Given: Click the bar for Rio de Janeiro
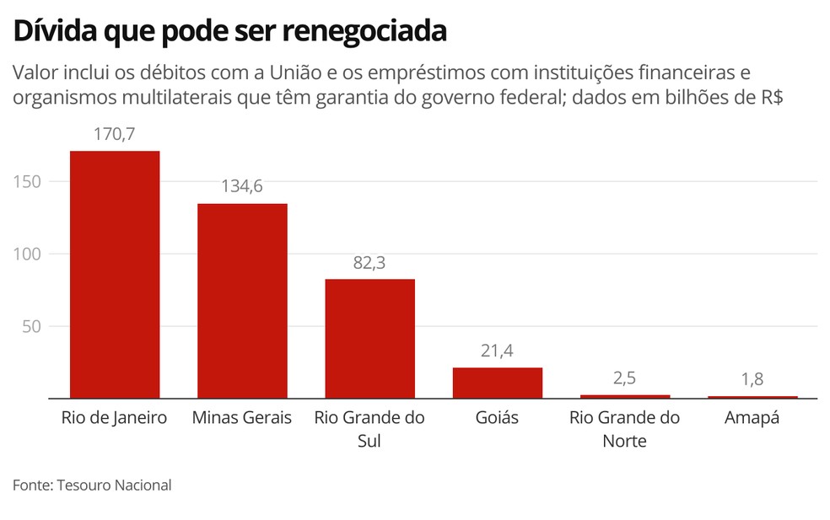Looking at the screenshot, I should point(115,274).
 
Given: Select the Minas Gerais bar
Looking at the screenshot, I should point(242,300).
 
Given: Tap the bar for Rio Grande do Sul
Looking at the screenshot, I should point(369,338).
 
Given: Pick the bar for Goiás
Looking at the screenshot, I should point(497,383).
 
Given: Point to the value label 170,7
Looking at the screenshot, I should point(115,134).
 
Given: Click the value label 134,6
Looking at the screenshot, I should point(242,186).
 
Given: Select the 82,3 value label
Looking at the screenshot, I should point(369,262).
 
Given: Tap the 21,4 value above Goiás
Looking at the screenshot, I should point(497,351).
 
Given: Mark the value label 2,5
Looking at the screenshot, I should point(624,378).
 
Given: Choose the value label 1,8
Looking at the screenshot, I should point(752,379).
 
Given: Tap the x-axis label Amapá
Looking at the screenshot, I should point(752,418).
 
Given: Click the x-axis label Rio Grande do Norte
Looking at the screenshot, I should point(624,429).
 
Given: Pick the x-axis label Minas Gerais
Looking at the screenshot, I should point(242,418).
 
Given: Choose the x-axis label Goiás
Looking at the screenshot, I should point(497,418).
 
